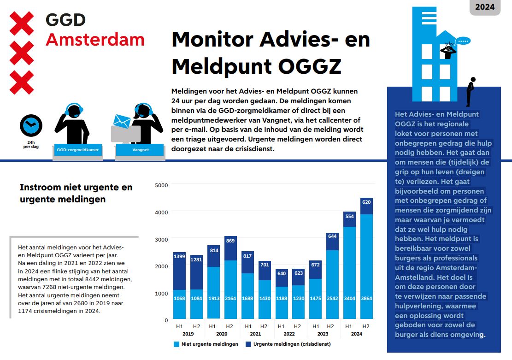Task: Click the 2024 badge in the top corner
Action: tap(484, 7)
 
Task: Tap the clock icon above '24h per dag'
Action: tap(31, 125)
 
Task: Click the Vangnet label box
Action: tap(140, 150)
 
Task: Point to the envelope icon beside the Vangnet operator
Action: tap(122, 121)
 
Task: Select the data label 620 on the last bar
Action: tap(366, 202)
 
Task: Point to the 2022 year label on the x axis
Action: tap(288, 334)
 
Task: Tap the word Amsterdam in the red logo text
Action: tap(95, 40)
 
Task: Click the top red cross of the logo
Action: tap(22, 23)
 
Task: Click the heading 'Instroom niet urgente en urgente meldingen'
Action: tap(76, 193)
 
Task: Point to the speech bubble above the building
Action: tap(464, 41)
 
